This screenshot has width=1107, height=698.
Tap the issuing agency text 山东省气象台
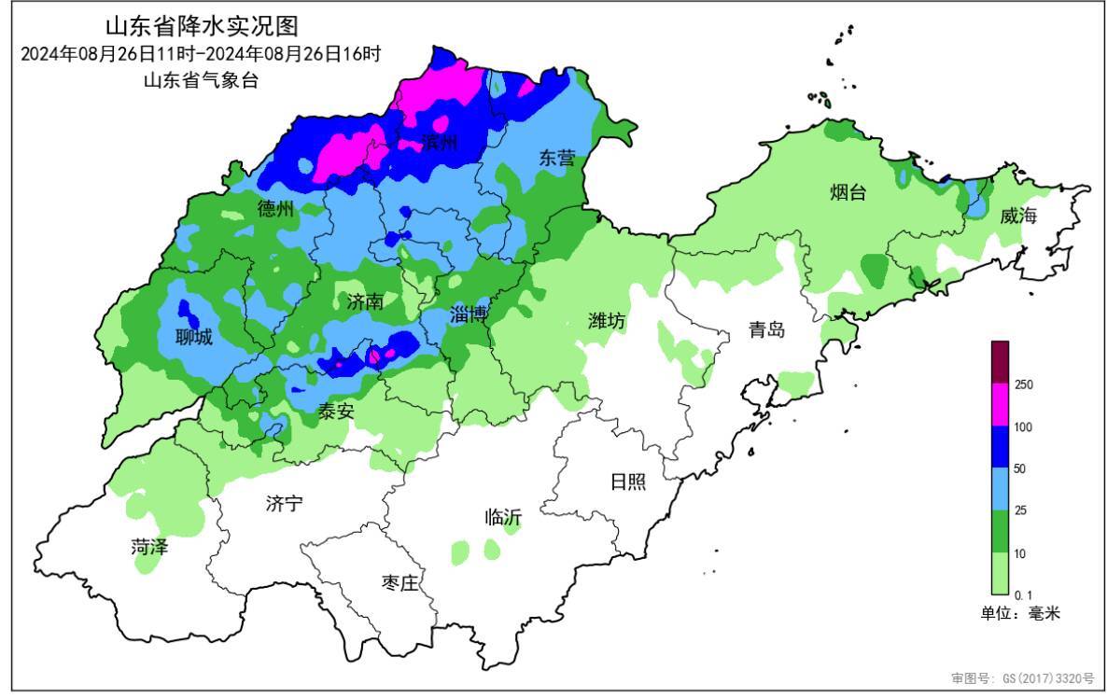coord(201,80)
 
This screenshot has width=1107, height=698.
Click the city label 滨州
coord(439,143)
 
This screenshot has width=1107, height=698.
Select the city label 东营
coord(557,159)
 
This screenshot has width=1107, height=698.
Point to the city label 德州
coord(275,209)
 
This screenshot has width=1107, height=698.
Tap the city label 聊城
coord(194,337)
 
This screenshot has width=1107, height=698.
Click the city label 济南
coord(365,301)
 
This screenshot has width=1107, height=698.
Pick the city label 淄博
coord(469,314)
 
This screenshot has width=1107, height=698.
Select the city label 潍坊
coord(607,321)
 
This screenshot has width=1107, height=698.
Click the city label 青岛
coord(766,329)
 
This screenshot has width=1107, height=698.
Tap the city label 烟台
coord(848,193)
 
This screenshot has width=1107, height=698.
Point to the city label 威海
coord(1018,216)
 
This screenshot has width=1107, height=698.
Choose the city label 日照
coord(627,482)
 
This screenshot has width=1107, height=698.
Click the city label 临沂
coord(503,517)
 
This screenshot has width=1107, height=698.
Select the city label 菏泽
coord(149,547)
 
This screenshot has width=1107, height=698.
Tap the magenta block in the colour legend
coord(1000,405)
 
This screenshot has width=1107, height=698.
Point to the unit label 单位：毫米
coord(1019,613)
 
